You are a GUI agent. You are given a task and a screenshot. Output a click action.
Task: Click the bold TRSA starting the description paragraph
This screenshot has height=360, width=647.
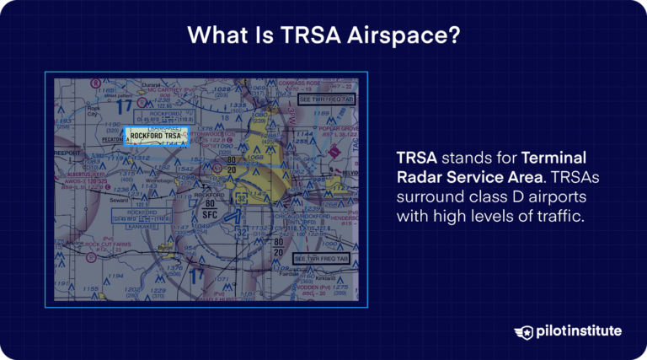417,159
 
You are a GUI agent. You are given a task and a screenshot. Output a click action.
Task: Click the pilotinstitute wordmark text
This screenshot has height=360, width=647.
579,331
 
